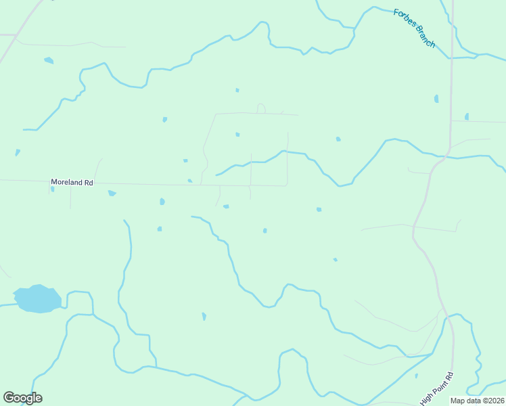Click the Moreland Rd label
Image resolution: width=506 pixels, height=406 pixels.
pos(72,182)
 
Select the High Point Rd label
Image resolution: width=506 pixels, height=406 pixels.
pos(436,390)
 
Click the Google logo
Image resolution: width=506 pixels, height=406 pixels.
pos(22,398)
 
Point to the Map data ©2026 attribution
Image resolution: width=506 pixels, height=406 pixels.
pos(477,401)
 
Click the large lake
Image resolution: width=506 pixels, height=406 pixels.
pos(38,298)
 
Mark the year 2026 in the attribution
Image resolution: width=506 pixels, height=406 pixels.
pos(494,401)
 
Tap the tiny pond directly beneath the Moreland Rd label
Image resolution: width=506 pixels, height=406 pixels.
pos(52,189)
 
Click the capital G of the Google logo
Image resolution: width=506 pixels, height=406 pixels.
pos(9,398)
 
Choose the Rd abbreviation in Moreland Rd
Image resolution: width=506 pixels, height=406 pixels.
pos(88,182)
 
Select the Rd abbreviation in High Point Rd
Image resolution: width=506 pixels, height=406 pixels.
pos(448,376)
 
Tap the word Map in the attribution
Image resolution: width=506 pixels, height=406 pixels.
pos(458,401)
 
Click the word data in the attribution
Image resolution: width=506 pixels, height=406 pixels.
pos(473,401)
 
